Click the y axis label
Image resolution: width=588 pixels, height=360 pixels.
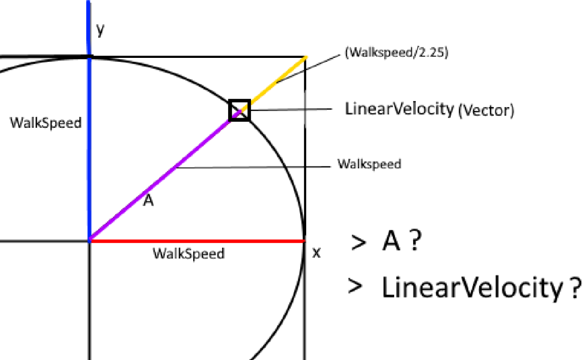pos(100,30)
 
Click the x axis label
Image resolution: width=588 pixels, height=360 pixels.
pos(317,252)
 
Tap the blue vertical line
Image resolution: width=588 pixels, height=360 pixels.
pos(89,148)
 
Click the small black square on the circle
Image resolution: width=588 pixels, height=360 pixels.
pos(240,110)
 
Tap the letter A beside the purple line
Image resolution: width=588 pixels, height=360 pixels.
pos(148,201)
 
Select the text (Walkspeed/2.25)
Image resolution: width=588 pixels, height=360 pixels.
pos(396,52)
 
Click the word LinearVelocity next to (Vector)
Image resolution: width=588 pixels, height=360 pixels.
pos(399,109)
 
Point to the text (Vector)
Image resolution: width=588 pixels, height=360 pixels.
pos(485,111)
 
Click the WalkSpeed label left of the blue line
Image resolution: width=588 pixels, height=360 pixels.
pos(46,123)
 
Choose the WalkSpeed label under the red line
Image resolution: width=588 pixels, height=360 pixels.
pos(188,254)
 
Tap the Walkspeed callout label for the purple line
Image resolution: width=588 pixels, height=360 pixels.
pos(369,164)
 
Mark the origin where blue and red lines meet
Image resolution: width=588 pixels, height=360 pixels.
pos(89,240)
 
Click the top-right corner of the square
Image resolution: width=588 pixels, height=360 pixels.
pos(306,57)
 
